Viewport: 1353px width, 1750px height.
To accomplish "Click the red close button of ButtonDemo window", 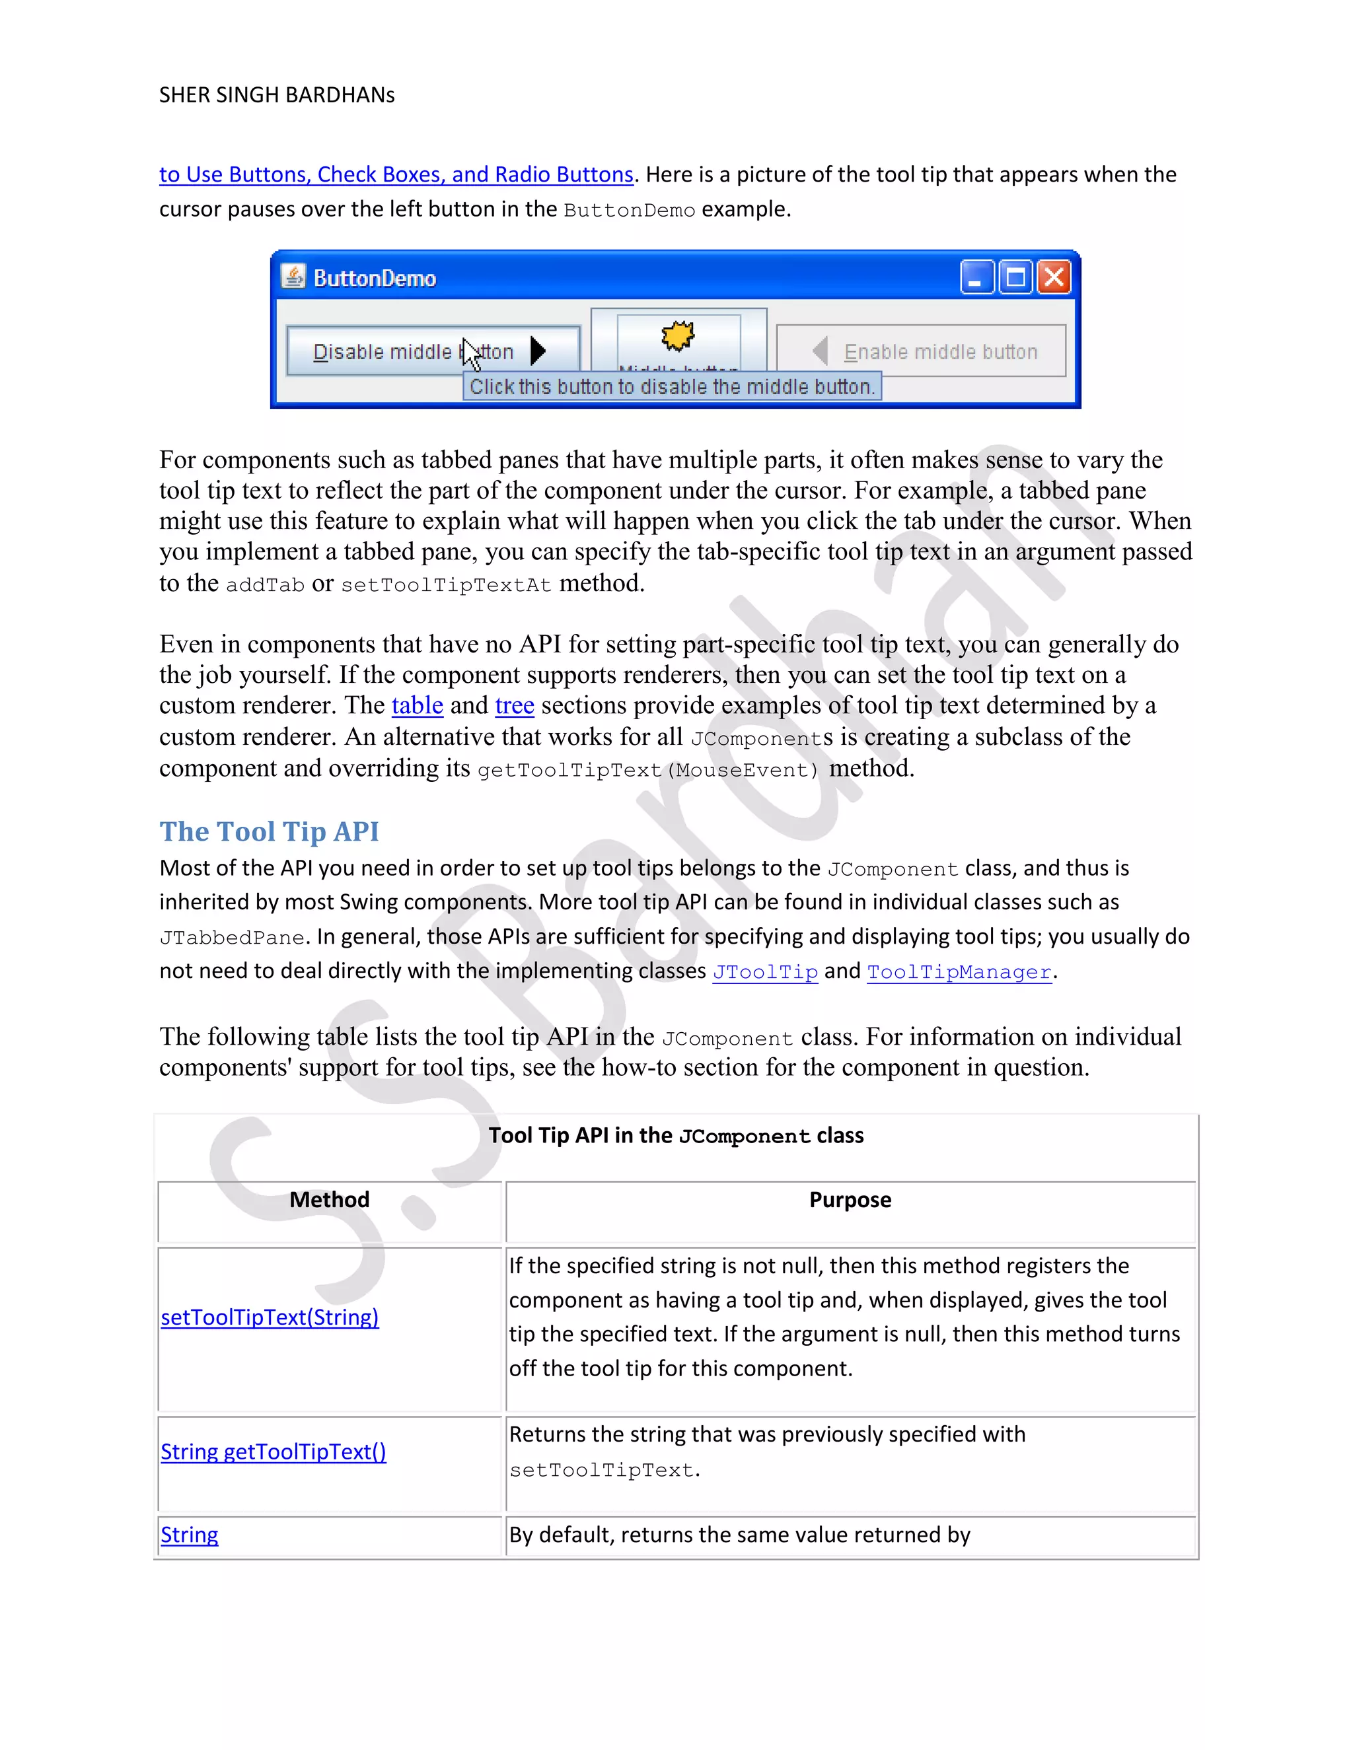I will coord(1054,278).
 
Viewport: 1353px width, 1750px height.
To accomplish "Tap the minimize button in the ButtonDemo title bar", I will coord(977,278).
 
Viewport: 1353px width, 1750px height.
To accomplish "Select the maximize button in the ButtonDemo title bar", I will coord(1015,278).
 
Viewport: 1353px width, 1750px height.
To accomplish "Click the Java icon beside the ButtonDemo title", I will coord(293,277).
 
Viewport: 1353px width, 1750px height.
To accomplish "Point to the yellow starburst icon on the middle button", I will coord(678,335).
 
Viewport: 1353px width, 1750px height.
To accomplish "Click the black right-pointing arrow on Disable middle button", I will coord(538,351).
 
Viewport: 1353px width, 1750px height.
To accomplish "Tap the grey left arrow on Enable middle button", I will coord(820,351).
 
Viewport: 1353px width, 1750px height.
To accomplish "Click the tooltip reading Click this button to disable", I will coord(672,386).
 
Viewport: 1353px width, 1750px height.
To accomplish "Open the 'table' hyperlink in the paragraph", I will coord(417,705).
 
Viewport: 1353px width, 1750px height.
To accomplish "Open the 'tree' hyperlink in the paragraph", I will coord(514,705).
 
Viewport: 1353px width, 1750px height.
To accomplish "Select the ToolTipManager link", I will coord(959,972).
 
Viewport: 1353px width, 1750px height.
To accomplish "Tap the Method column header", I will coord(330,1199).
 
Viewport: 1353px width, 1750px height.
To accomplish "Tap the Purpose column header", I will coord(850,1199).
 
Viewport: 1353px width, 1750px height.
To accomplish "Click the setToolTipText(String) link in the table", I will coord(270,1317).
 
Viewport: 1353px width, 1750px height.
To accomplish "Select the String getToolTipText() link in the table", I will coord(273,1452).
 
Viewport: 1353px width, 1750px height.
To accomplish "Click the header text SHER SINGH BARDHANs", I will coord(277,95).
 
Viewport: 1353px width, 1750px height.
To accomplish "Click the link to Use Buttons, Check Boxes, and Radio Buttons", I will coord(396,175).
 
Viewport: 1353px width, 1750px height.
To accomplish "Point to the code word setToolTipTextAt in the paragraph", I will coord(446,585).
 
